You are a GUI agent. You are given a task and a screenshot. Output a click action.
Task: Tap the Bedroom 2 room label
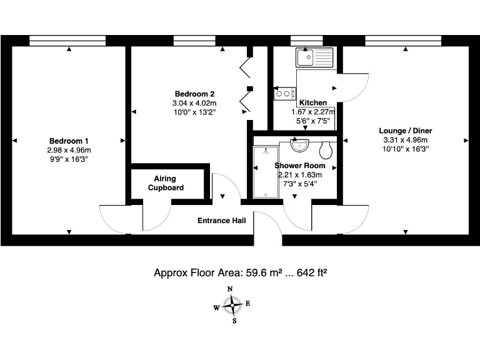point(194,94)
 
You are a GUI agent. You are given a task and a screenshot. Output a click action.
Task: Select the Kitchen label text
point(312,102)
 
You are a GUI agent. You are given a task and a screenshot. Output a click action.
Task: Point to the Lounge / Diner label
point(405,131)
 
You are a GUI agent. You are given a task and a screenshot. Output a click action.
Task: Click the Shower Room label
point(299,166)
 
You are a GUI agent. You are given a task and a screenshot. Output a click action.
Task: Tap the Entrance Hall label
point(222,221)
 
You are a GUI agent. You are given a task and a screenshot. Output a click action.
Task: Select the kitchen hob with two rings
point(284,94)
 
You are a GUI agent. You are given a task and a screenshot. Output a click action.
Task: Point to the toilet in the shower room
point(325,149)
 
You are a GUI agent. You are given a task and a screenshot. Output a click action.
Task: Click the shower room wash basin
point(300,145)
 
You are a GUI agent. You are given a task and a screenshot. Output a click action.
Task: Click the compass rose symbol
point(232,306)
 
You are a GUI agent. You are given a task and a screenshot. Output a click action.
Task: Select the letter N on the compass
point(230,289)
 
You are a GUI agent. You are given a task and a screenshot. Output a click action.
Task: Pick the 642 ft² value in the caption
point(311,273)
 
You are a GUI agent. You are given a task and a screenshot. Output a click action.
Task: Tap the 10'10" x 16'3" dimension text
point(405,149)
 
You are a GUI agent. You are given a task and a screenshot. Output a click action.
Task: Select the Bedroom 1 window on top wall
point(67,41)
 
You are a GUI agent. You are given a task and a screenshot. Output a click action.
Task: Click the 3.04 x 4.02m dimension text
point(194,103)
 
